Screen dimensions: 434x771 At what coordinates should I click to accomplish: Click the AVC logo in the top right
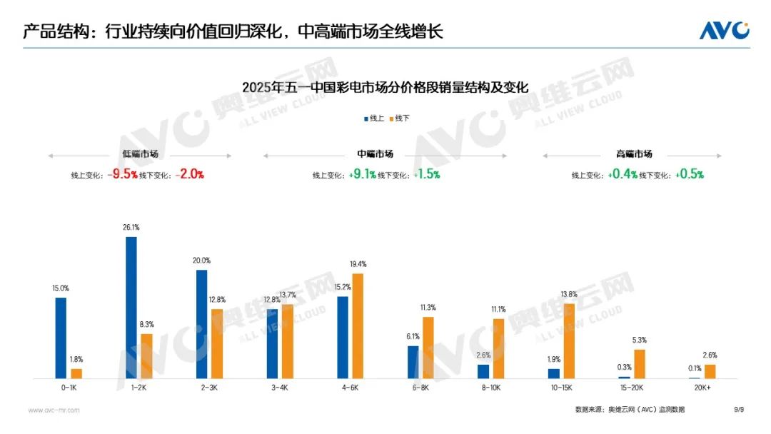coord(724,31)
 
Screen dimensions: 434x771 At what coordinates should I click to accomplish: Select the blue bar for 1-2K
coord(131,307)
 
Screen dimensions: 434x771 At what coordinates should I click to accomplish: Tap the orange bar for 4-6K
coord(358,325)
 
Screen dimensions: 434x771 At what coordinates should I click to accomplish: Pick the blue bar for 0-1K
coord(61,338)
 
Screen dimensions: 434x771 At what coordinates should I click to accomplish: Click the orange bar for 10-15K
coord(569,340)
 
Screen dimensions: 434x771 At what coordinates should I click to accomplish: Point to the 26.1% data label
coord(131,227)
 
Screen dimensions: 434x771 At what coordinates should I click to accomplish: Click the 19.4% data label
coord(358,264)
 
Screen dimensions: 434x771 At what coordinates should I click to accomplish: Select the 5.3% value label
coord(639,340)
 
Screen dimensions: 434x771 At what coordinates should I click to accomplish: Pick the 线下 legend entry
coord(400,118)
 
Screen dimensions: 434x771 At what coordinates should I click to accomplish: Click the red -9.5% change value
coord(122,174)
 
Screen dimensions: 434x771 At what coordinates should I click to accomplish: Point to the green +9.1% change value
coord(363,174)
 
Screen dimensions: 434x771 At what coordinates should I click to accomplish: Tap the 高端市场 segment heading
coord(634,154)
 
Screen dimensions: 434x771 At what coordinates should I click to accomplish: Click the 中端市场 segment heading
coord(375,154)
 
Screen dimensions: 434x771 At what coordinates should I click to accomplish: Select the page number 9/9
coord(739,410)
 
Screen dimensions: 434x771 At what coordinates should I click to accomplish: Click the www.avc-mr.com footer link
coord(54,410)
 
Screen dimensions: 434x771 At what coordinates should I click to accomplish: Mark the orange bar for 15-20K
coord(640,363)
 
